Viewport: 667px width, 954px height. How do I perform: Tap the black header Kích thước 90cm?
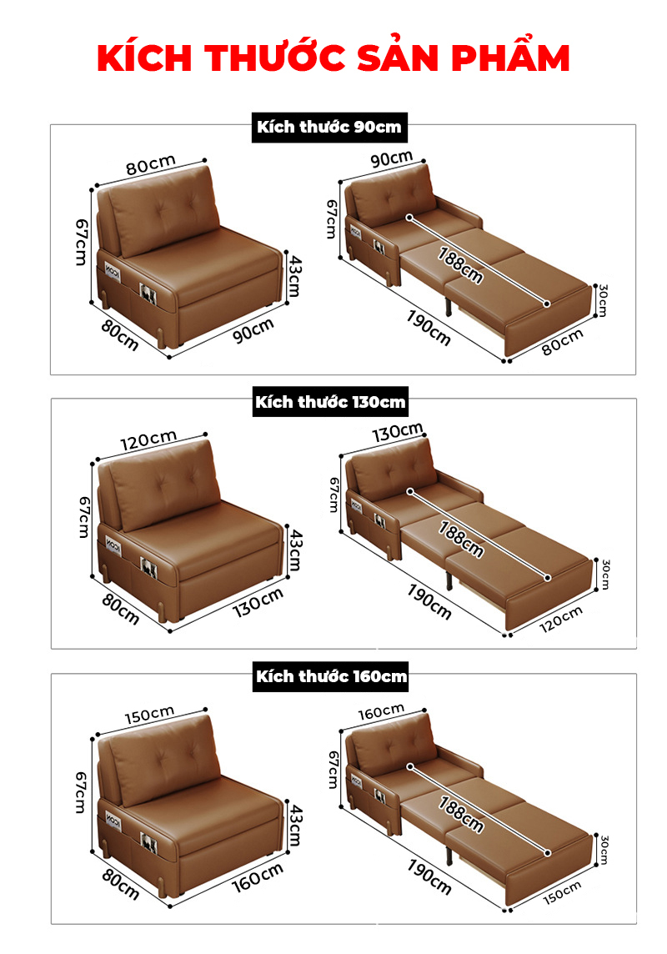point(329,127)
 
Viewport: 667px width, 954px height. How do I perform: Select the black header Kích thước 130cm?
point(330,402)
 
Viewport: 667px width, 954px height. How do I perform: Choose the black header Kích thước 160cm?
point(331,676)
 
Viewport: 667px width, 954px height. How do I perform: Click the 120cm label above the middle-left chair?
point(148,439)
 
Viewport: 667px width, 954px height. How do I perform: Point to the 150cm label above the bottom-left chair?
point(149,715)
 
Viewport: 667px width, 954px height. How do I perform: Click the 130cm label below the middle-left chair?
point(258,602)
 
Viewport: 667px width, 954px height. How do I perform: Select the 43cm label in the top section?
point(293,276)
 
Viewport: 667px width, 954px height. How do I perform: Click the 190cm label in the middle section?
point(429,602)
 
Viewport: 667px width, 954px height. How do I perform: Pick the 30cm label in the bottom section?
point(604,850)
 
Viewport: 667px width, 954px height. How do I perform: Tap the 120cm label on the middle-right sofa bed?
point(560,619)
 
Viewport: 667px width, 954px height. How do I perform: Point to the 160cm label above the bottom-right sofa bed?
point(381,711)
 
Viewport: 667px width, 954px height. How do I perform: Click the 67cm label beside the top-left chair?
point(82,242)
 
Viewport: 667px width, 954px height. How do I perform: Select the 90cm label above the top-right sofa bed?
point(392,158)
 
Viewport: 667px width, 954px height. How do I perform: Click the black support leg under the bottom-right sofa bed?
point(449,854)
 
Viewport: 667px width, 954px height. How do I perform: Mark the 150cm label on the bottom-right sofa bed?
point(562,892)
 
